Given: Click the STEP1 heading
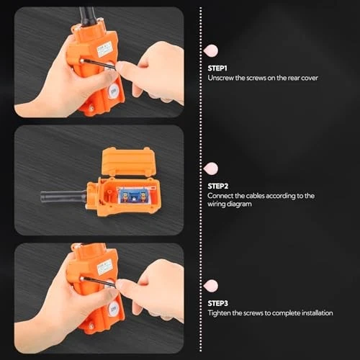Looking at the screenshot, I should [x=217, y=68].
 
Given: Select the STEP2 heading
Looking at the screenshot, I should [x=217, y=185].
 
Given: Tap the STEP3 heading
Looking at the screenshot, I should [x=217, y=303].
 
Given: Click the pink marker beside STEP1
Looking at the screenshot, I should [x=211, y=50].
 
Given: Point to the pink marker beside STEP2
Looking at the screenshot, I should [x=211, y=168].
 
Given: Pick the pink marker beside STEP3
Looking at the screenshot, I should [x=211, y=286].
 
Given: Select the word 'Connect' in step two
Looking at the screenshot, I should [x=221, y=195].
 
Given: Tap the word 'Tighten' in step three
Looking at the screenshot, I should [x=220, y=313].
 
